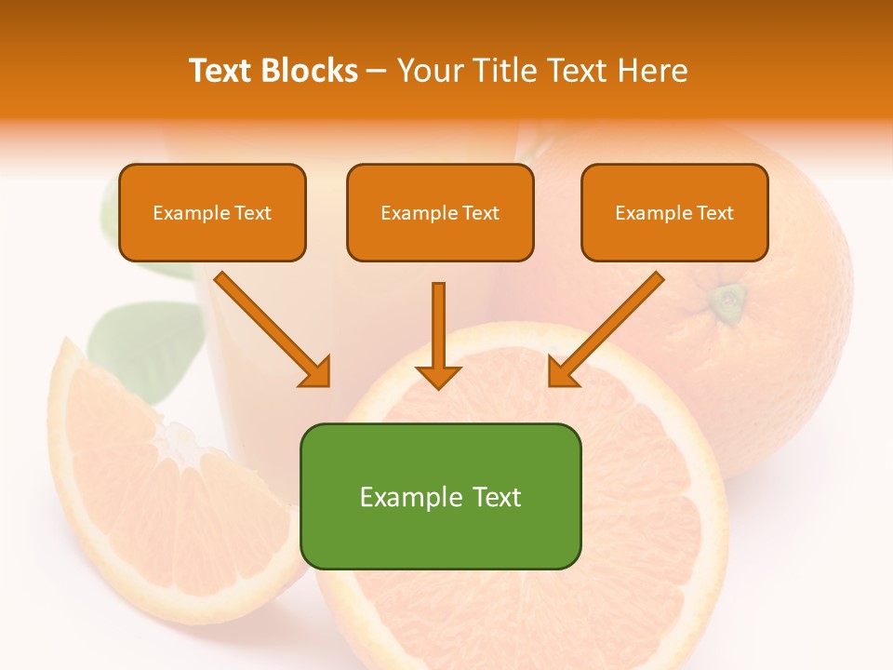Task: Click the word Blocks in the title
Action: (309, 71)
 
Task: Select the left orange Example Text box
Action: (212, 213)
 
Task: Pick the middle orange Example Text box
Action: (440, 213)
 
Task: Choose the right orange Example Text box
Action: (674, 213)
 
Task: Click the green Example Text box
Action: (440, 496)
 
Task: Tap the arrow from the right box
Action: (607, 328)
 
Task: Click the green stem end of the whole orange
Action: (729, 299)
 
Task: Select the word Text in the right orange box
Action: (715, 213)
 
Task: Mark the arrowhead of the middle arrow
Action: (438, 376)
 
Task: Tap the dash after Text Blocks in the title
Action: (377, 71)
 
